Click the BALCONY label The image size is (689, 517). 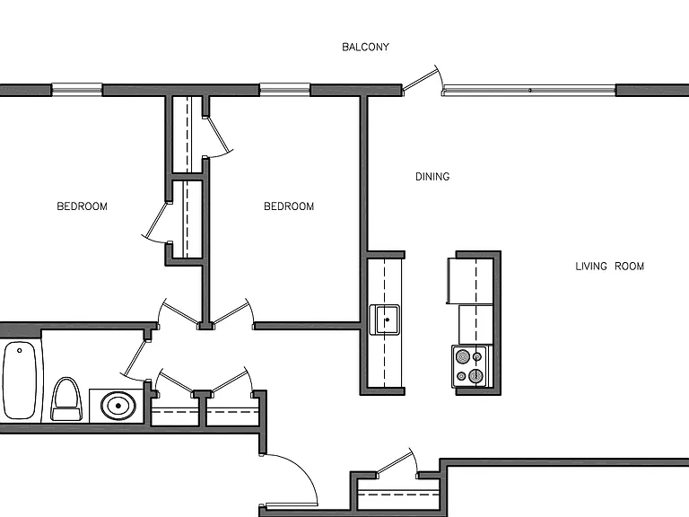pos(366,47)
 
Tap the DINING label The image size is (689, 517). pos(432,177)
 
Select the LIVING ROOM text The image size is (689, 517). pos(609,266)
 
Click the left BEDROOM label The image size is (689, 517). pos(83,206)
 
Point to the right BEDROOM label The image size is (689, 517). pos(289,206)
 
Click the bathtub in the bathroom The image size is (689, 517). pos(20,381)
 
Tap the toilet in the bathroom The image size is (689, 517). pos(66,399)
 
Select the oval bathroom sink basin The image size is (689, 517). pos(118,406)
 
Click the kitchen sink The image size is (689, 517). pos(385,320)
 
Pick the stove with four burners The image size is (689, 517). pos(470,366)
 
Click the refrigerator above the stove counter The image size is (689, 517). pos(469,281)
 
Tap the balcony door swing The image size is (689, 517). pos(421,79)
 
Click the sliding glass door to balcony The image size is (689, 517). pos(529,90)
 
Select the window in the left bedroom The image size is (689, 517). pos(77,90)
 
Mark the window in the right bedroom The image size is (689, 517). pos(284,90)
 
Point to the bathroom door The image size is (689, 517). pos(135,359)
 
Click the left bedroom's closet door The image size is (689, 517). pos(155,222)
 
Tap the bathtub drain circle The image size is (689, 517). pos(20,350)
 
